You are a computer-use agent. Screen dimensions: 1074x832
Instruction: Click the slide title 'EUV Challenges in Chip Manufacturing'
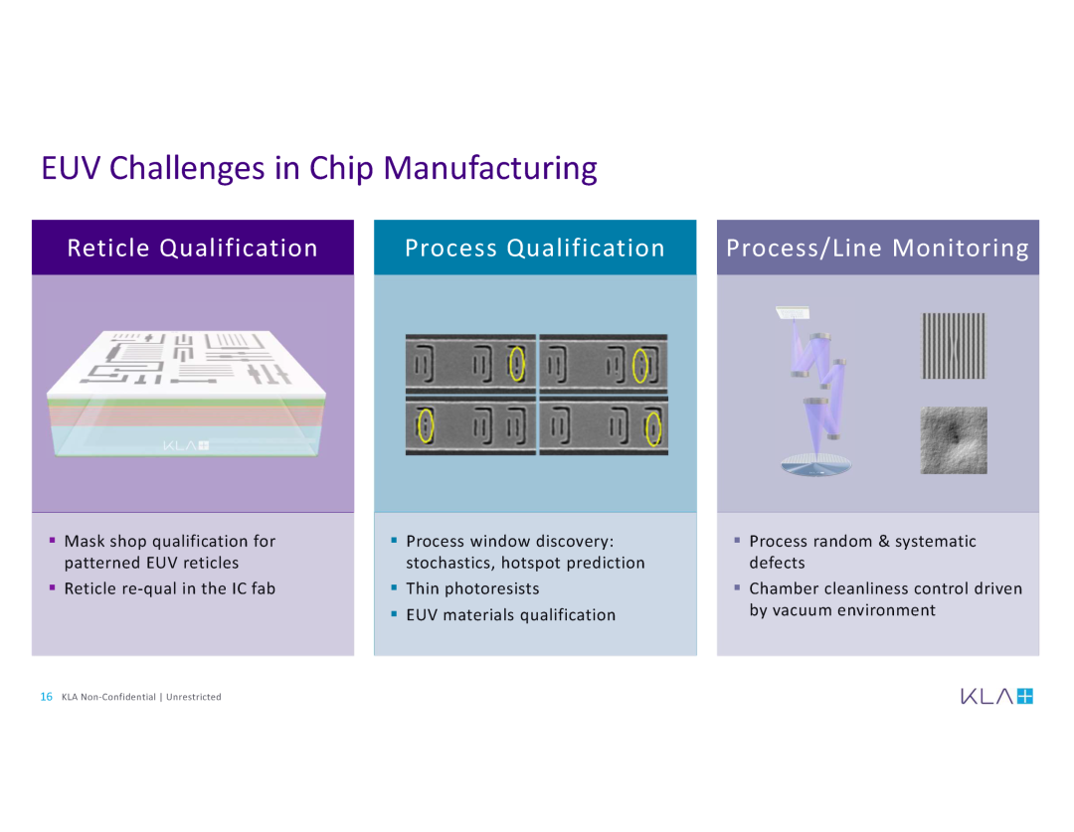[x=319, y=168]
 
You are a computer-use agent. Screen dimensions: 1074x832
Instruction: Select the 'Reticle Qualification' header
[x=193, y=248]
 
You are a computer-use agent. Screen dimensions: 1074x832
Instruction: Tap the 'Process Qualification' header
[x=535, y=248]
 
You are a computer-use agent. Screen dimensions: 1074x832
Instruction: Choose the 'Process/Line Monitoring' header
[x=877, y=248]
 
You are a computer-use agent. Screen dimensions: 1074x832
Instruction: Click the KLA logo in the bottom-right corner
[x=996, y=697]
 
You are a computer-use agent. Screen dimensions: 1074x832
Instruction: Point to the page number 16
[x=46, y=697]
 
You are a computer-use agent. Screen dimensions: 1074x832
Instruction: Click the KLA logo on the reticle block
[x=186, y=445]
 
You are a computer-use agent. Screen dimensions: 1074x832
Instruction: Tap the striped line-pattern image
[x=954, y=346]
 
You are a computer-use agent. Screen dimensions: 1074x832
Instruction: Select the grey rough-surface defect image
[x=954, y=440]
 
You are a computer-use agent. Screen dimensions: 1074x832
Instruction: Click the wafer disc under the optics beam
[x=815, y=465]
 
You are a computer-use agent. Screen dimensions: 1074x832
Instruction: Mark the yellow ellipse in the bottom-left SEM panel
[x=426, y=425]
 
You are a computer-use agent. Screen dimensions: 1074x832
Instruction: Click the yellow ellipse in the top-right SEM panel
[x=639, y=366]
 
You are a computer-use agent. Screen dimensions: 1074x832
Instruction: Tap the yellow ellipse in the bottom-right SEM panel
[x=653, y=428]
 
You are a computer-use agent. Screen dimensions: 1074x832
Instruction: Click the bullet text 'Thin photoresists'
[x=472, y=588]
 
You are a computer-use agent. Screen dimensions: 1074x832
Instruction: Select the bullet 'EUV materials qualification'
[x=511, y=615]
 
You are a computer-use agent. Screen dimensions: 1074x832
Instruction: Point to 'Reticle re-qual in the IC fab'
[x=170, y=588]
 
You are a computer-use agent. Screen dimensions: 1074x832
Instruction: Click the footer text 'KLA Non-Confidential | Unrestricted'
[x=141, y=697]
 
